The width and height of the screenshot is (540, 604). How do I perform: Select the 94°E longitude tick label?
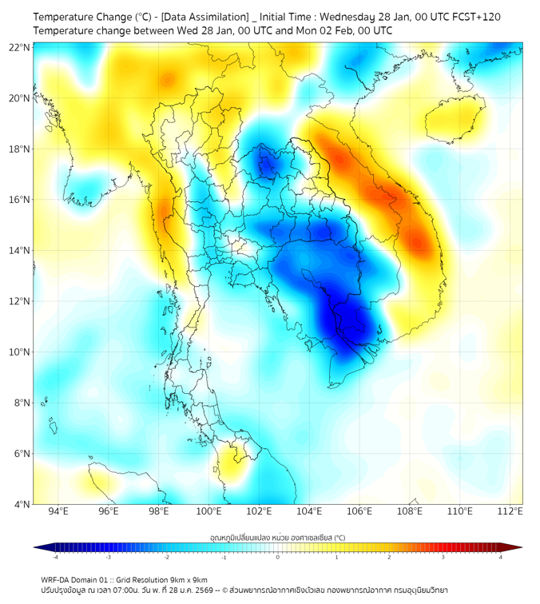[58, 512]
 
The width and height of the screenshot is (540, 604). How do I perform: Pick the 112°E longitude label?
[510, 512]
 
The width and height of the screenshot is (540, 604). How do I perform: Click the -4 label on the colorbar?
[55, 558]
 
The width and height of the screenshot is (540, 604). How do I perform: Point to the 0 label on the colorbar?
[278, 558]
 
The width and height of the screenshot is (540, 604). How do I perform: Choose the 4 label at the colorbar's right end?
[501, 558]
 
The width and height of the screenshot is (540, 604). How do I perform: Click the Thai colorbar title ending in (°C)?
[277, 537]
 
